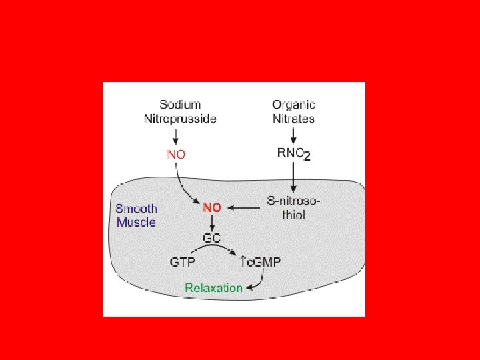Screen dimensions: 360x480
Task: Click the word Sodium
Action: pyautogui.click(x=180, y=105)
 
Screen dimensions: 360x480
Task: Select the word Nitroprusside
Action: pyautogui.click(x=180, y=119)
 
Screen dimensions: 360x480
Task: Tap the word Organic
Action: pyautogui.click(x=294, y=105)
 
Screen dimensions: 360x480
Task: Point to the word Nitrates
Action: pyautogui.click(x=294, y=119)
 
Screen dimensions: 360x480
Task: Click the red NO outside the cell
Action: pyautogui.click(x=177, y=154)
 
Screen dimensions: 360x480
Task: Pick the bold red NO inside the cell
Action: pyautogui.click(x=212, y=207)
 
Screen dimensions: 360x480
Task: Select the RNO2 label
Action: pyautogui.click(x=294, y=154)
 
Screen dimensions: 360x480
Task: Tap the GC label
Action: pyautogui.click(x=213, y=238)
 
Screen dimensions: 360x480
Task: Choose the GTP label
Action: pyautogui.click(x=183, y=262)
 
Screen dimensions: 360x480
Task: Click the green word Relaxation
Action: pyautogui.click(x=213, y=288)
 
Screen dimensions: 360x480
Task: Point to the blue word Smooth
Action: pyautogui.click(x=136, y=207)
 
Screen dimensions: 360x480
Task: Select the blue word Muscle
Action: pyautogui.click(x=136, y=222)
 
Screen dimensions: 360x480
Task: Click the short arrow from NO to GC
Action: pyautogui.click(x=212, y=223)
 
